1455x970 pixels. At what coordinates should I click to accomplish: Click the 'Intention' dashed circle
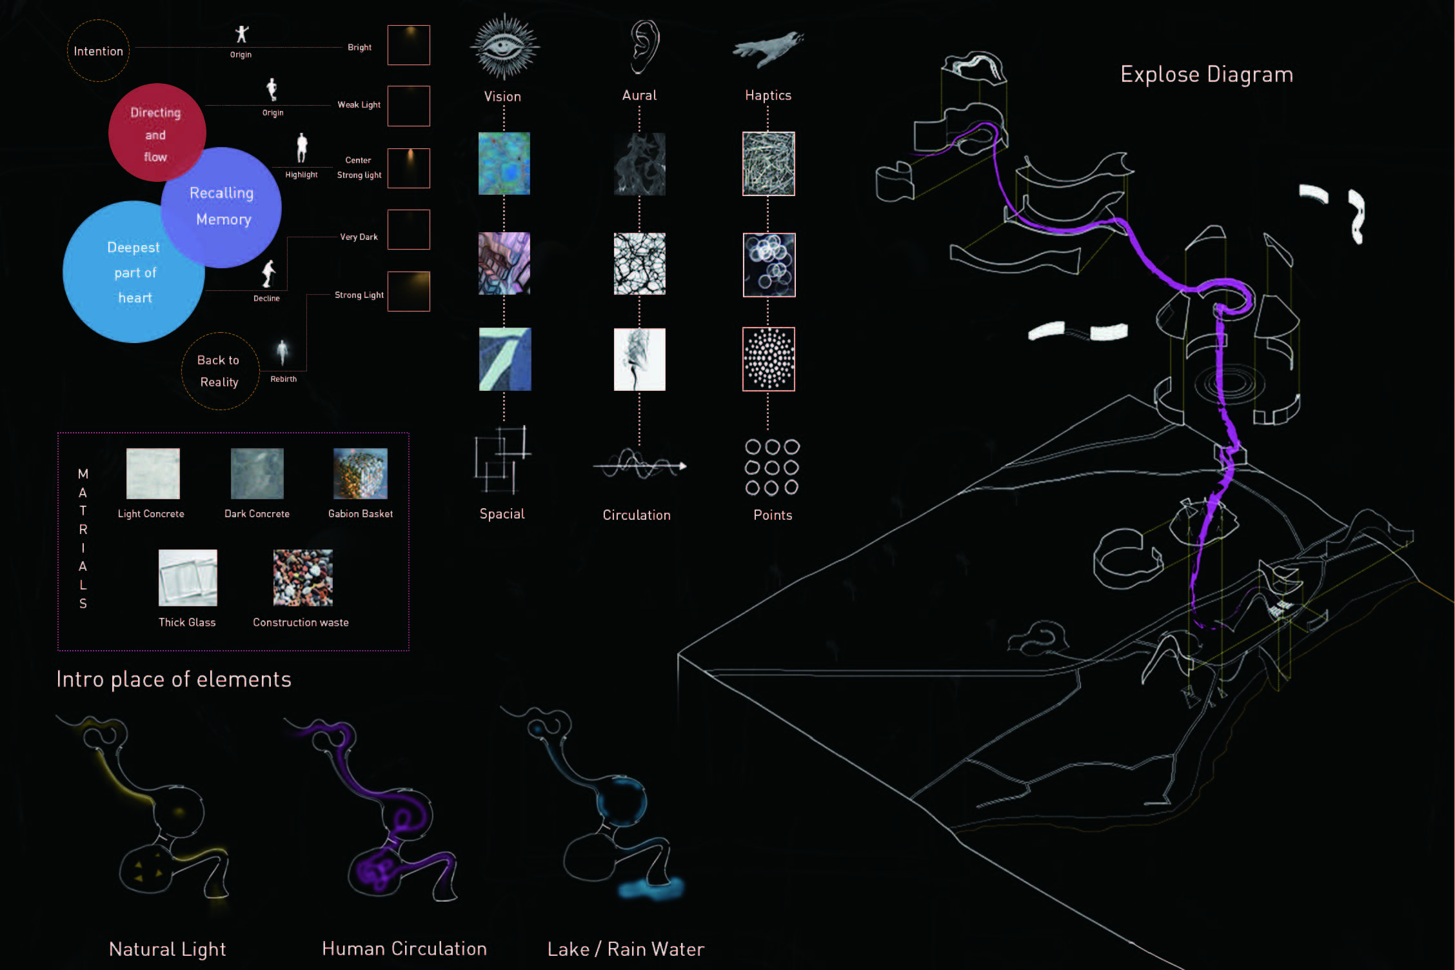(98, 51)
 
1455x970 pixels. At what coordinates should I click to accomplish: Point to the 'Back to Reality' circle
(219, 371)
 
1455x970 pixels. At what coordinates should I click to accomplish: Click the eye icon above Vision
(504, 47)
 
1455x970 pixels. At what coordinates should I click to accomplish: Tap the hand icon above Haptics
(768, 50)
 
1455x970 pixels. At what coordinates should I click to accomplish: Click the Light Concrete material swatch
(153, 473)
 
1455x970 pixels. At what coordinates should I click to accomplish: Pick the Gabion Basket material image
(361, 473)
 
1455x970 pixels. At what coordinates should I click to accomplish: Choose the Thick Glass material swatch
(188, 578)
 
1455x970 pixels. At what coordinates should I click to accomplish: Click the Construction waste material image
(302, 578)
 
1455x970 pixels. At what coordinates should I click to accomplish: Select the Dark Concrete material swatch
(257, 473)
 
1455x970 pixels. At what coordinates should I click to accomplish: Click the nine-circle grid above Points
(772, 467)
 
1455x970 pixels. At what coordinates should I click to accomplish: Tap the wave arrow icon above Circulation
(639, 464)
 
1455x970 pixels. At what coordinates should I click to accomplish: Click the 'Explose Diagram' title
(1207, 75)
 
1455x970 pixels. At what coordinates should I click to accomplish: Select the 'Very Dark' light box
(409, 230)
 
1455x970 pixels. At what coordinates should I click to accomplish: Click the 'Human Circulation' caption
(404, 949)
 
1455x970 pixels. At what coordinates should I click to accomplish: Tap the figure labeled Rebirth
(282, 352)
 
